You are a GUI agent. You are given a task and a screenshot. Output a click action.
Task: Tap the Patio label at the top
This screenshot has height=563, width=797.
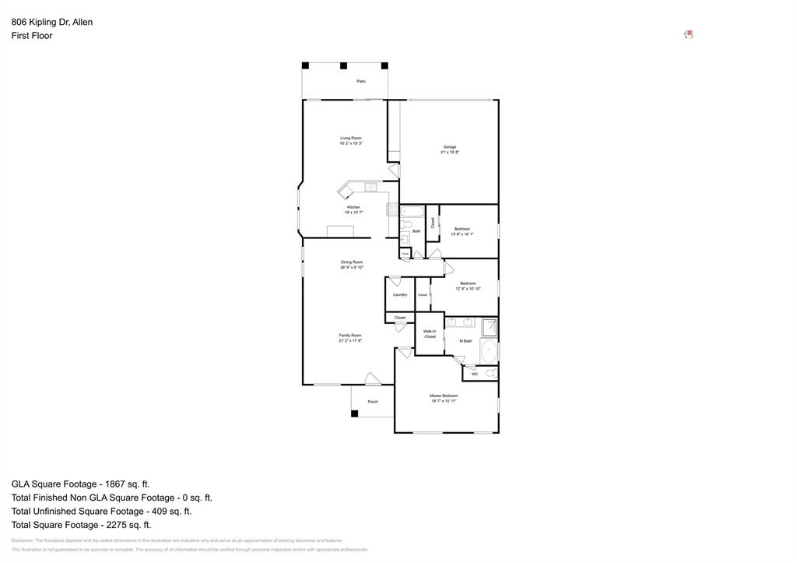point(361,81)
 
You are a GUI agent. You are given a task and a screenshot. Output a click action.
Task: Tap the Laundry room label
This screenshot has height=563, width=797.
point(400,294)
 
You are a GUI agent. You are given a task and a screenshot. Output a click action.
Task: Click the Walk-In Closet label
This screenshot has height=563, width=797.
point(430,334)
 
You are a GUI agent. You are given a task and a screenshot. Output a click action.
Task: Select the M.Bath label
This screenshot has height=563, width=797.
point(465,341)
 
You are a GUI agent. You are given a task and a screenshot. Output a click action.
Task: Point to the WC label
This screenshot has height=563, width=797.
point(475,374)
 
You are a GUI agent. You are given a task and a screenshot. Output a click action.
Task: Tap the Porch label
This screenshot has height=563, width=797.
point(373,402)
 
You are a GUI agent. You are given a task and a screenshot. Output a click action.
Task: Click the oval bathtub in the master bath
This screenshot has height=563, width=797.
point(488,351)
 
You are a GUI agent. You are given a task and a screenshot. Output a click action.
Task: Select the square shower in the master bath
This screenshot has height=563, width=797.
point(489,327)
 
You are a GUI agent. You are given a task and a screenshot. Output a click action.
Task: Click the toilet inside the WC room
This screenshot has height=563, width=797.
point(490,374)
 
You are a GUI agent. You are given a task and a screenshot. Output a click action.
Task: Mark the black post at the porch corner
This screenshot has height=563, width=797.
point(354,413)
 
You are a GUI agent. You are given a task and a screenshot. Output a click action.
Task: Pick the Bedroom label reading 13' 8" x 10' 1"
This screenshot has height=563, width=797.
point(462,231)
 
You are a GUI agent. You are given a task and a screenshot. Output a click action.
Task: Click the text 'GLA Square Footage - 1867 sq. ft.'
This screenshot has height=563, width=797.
point(80,484)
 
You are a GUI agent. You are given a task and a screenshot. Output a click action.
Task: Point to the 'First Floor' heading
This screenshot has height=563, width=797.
point(32,36)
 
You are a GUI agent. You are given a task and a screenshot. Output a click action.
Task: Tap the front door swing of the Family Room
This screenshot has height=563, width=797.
point(373,378)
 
